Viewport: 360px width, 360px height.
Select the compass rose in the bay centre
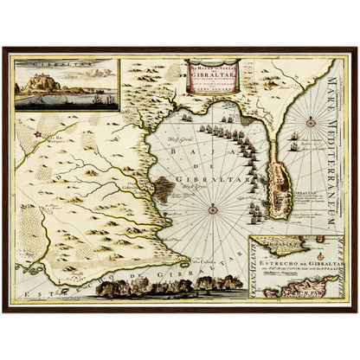coord(212,208)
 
